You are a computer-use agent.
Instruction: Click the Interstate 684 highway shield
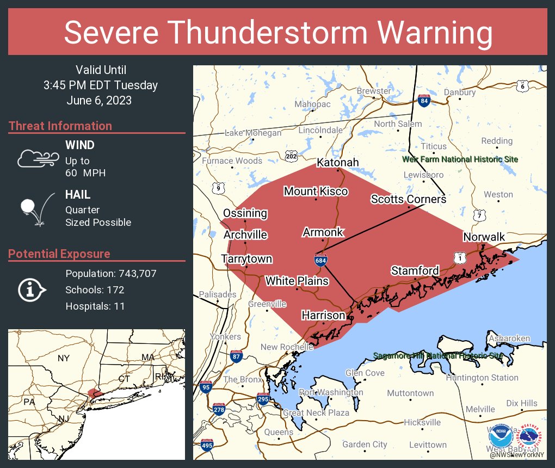click(320, 260)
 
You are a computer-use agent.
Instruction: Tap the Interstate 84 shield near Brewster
click(424, 100)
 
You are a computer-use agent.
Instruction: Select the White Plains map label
click(297, 281)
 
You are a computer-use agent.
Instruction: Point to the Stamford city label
click(415, 270)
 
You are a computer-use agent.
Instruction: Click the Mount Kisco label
click(316, 191)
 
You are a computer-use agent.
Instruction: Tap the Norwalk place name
click(484, 237)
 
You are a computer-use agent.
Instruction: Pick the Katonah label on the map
click(338, 163)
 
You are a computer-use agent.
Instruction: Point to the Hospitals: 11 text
click(95, 306)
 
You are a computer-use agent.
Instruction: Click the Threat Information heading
click(60, 126)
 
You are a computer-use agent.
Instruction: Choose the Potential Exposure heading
click(59, 254)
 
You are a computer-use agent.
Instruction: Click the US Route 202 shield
click(292, 156)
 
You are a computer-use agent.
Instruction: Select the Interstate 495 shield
click(207, 446)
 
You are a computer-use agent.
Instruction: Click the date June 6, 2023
click(100, 101)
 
